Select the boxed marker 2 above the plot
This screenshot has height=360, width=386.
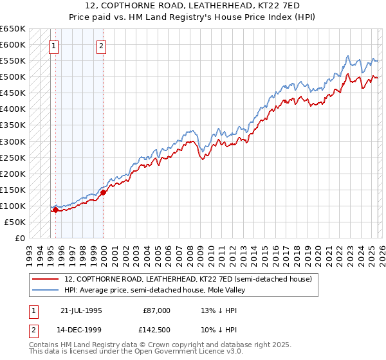coord(102,46)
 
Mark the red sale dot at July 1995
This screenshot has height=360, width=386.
coord(56,210)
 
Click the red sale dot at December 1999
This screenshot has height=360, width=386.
coord(103,192)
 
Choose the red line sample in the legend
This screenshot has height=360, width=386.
coord(45,279)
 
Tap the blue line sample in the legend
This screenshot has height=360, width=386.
coord(45,290)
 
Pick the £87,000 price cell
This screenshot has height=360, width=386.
coord(157,310)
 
